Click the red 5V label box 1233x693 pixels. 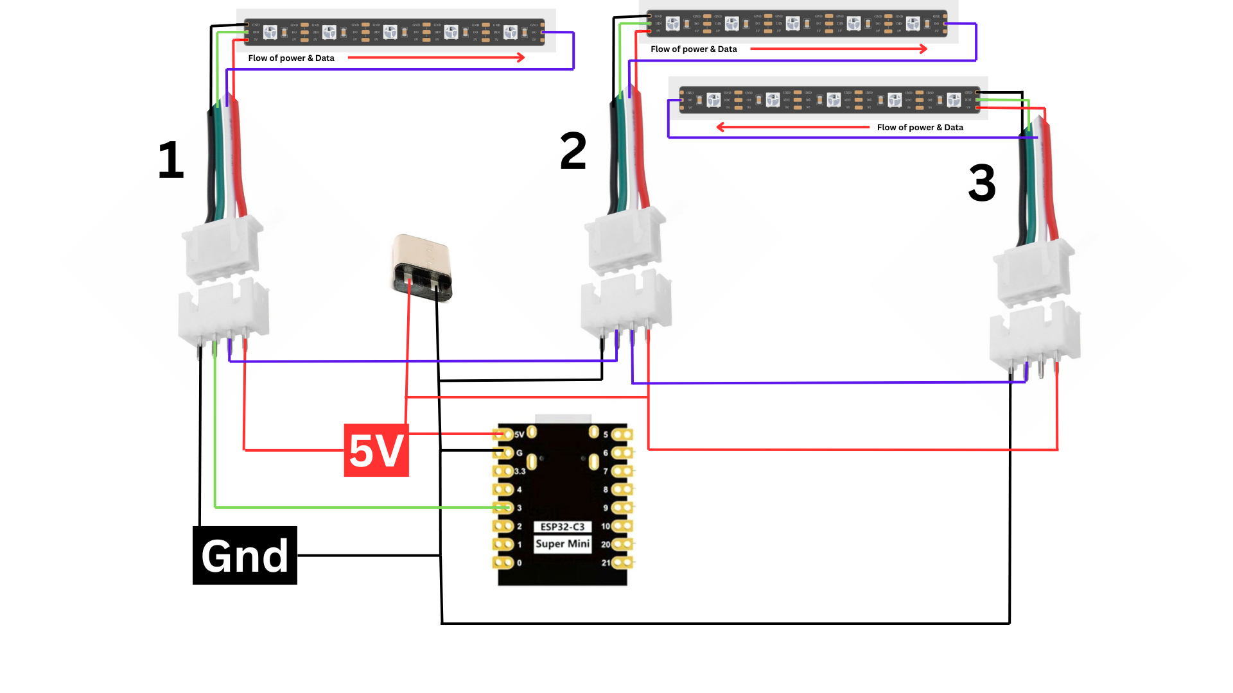(376, 450)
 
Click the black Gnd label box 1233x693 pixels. (245, 555)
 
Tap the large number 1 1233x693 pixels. (171, 160)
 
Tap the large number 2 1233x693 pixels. (573, 151)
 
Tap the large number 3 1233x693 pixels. (982, 183)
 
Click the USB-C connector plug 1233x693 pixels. (422, 268)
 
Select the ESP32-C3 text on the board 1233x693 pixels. (562, 527)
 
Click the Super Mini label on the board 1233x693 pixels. (562, 543)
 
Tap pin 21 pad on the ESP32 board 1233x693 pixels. (622, 563)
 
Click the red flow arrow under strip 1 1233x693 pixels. (436, 58)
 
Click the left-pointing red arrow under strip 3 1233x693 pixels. (793, 127)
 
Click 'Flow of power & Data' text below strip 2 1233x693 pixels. (694, 49)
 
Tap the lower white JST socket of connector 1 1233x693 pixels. (223, 312)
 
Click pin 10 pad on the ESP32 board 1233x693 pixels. (622, 526)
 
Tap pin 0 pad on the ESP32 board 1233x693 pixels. (503, 563)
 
